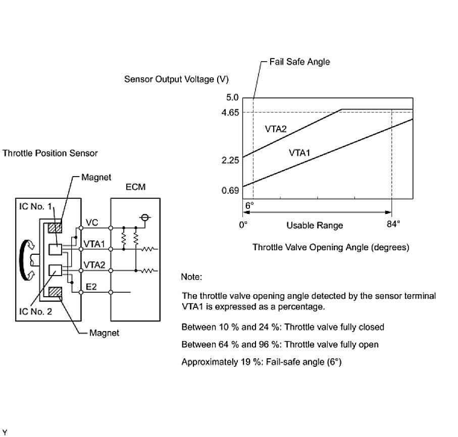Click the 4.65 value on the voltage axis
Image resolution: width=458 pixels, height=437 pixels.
pos(229,112)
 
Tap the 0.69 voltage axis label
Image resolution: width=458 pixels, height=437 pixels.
pos(229,190)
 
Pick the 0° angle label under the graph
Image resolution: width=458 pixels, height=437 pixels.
pos(243,225)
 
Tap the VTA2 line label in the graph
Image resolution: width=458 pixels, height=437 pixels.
pos(276,129)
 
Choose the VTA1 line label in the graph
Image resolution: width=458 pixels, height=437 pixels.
pos(299,152)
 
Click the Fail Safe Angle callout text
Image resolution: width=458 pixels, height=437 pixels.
pos(299,62)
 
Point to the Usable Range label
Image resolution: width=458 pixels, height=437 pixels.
pos(315,226)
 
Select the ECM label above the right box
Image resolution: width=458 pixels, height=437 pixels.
pos(135,187)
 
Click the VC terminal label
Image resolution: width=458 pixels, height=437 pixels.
pos(91,222)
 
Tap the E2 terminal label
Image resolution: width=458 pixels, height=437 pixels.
pos(91,287)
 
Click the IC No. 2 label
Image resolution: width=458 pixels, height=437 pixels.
pos(35,311)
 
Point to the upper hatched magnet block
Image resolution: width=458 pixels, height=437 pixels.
pos(54,227)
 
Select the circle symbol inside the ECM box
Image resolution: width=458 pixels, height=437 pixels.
pos(145,218)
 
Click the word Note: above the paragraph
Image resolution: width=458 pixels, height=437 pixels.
pos(191,277)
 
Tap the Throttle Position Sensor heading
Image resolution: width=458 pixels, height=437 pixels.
pos(50,152)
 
